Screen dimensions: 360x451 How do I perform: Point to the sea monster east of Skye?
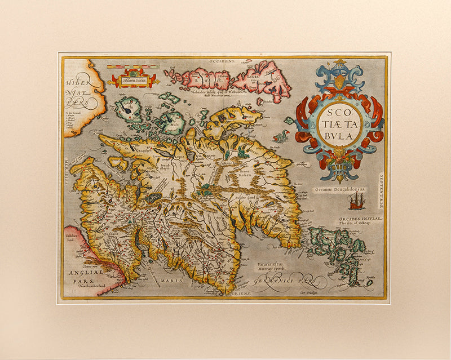point(280,136)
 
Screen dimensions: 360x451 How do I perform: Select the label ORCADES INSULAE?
point(361,217)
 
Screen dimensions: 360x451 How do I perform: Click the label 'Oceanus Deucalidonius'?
point(340,190)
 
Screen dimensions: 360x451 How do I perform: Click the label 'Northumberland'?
point(92,286)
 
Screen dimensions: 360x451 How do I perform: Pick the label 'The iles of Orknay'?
point(359,223)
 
